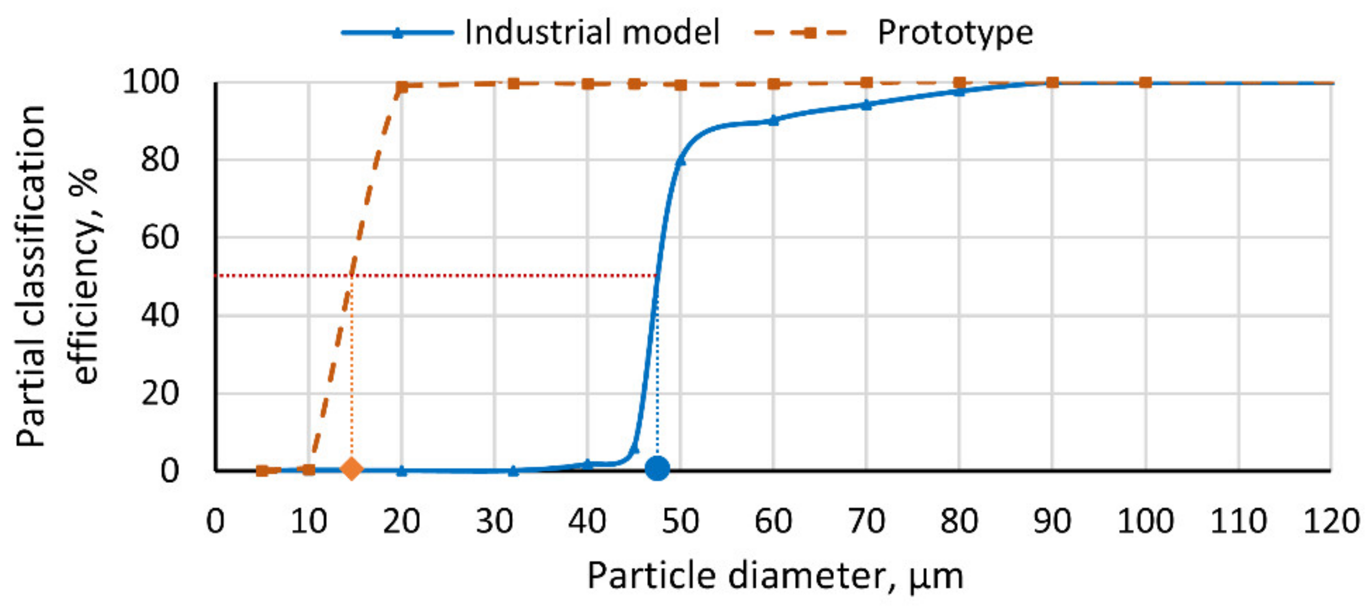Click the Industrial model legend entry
click(532, 33)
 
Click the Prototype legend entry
click(894, 33)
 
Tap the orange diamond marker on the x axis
click(351, 469)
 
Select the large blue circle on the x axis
click(657, 469)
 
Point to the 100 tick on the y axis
click(150, 83)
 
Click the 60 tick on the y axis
click(159, 238)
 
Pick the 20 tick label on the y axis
click(159, 394)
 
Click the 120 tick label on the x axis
click(1331, 521)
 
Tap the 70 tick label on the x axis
click(866, 521)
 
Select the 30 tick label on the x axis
click(494, 521)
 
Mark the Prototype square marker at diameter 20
click(402, 87)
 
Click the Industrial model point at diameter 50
click(680, 161)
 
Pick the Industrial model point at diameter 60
click(774, 120)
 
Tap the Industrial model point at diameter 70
click(866, 105)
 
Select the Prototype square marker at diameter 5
click(261, 471)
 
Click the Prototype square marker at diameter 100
click(1145, 83)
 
